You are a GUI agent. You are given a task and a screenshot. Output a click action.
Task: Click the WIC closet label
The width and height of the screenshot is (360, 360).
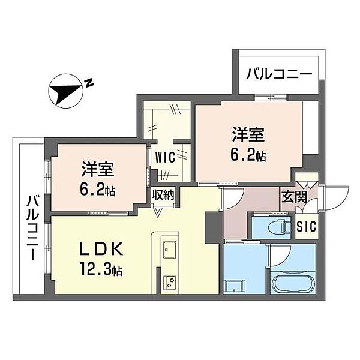point(165,157)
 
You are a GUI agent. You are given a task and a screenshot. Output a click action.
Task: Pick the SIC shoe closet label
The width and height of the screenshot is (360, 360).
point(307,227)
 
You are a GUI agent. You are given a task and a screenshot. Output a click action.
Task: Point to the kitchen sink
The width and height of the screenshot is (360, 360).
point(167,247)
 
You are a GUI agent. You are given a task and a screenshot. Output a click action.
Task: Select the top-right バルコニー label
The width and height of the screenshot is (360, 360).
point(278,76)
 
